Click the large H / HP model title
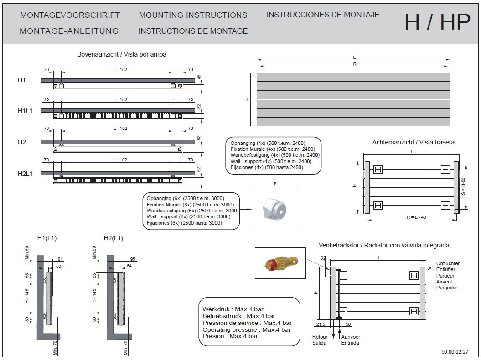(436, 22)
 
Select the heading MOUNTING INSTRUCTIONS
(193, 15)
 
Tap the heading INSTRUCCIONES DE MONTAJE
(323, 15)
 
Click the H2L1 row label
(25, 173)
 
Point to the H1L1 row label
(25, 111)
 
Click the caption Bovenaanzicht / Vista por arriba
(122, 54)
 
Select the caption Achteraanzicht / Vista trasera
(413, 142)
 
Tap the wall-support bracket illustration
(274, 208)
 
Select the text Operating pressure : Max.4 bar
(247, 329)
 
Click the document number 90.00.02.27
(455, 351)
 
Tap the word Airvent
(444, 282)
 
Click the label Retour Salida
(319, 340)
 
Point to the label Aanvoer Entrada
(351, 340)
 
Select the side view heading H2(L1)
(114, 238)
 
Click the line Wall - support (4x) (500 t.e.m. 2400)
(271, 161)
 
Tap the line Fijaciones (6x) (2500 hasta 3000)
(184, 223)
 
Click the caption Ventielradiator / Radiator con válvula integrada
(384, 245)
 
